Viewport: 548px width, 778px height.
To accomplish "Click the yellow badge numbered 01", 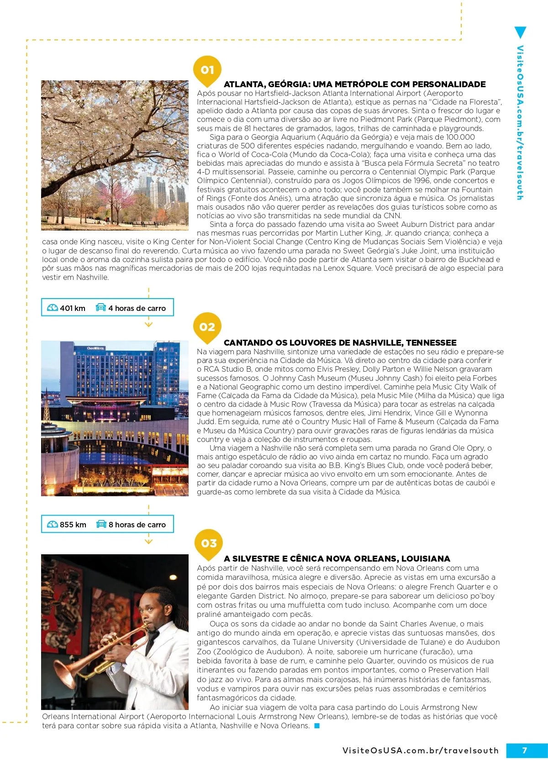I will coord(207,70).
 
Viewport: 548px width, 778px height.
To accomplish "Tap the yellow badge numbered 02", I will coord(207,327).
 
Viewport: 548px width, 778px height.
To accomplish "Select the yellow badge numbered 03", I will coord(209,543).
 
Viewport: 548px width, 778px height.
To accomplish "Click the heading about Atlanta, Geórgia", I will coord(354,84).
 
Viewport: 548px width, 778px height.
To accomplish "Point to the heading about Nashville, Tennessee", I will coord(340,343).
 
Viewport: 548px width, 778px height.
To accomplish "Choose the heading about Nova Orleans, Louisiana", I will coord(337,559).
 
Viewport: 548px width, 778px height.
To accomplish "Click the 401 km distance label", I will coord(73,308).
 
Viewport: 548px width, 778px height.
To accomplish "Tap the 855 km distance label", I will coord(73,525).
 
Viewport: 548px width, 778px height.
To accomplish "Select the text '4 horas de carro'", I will coord(137,308).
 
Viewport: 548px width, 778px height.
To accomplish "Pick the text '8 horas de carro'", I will coord(137,525).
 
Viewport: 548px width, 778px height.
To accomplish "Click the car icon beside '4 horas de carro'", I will coord(100,308).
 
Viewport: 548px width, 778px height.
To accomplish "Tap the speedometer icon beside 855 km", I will coord(53,524).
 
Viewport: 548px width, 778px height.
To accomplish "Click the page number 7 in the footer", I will coord(524,750).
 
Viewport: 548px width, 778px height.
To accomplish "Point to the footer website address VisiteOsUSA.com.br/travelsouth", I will coord(420,751).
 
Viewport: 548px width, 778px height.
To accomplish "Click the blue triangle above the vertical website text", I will coord(520,32).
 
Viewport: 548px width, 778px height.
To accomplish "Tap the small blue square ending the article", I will coord(317,726).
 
